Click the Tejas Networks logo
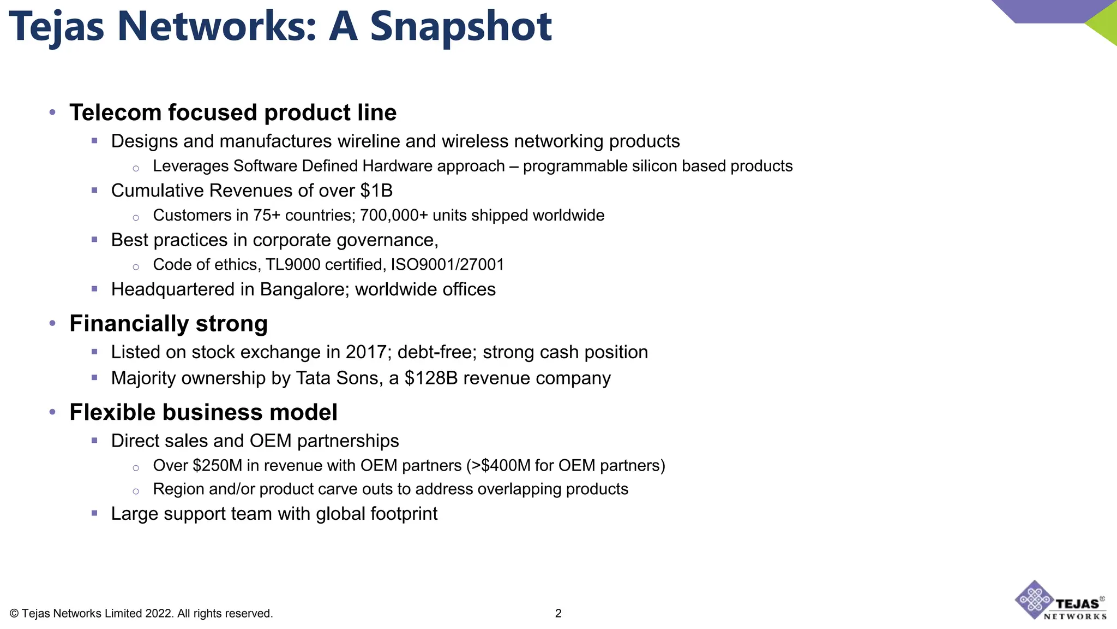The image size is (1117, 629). pyautogui.click(x=1060, y=601)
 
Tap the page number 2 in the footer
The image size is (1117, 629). pyautogui.click(x=558, y=613)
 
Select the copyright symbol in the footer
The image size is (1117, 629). pyautogui.click(x=14, y=614)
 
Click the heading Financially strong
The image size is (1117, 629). pyautogui.click(x=169, y=323)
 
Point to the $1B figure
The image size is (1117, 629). pyautogui.click(x=376, y=191)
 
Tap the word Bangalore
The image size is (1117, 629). pyautogui.click(x=304, y=289)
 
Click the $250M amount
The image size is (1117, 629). pyautogui.click(x=217, y=466)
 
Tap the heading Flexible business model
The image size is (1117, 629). pyautogui.click(x=203, y=412)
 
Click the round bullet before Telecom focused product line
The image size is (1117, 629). pyautogui.click(x=52, y=112)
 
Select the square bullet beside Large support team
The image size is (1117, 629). pyautogui.click(x=94, y=513)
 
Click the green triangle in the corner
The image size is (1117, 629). pyautogui.click(x=1105, y=24)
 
